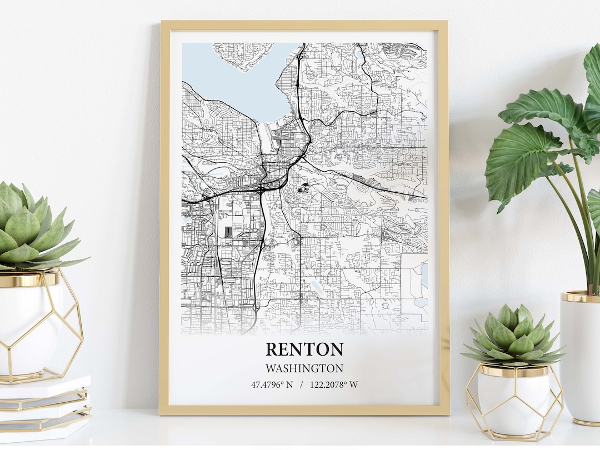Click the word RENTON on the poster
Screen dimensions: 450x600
(304, 349)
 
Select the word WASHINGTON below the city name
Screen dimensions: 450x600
(304, 368)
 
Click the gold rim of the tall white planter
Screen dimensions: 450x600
(579, 297)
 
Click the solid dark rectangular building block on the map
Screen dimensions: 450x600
(228, 232)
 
